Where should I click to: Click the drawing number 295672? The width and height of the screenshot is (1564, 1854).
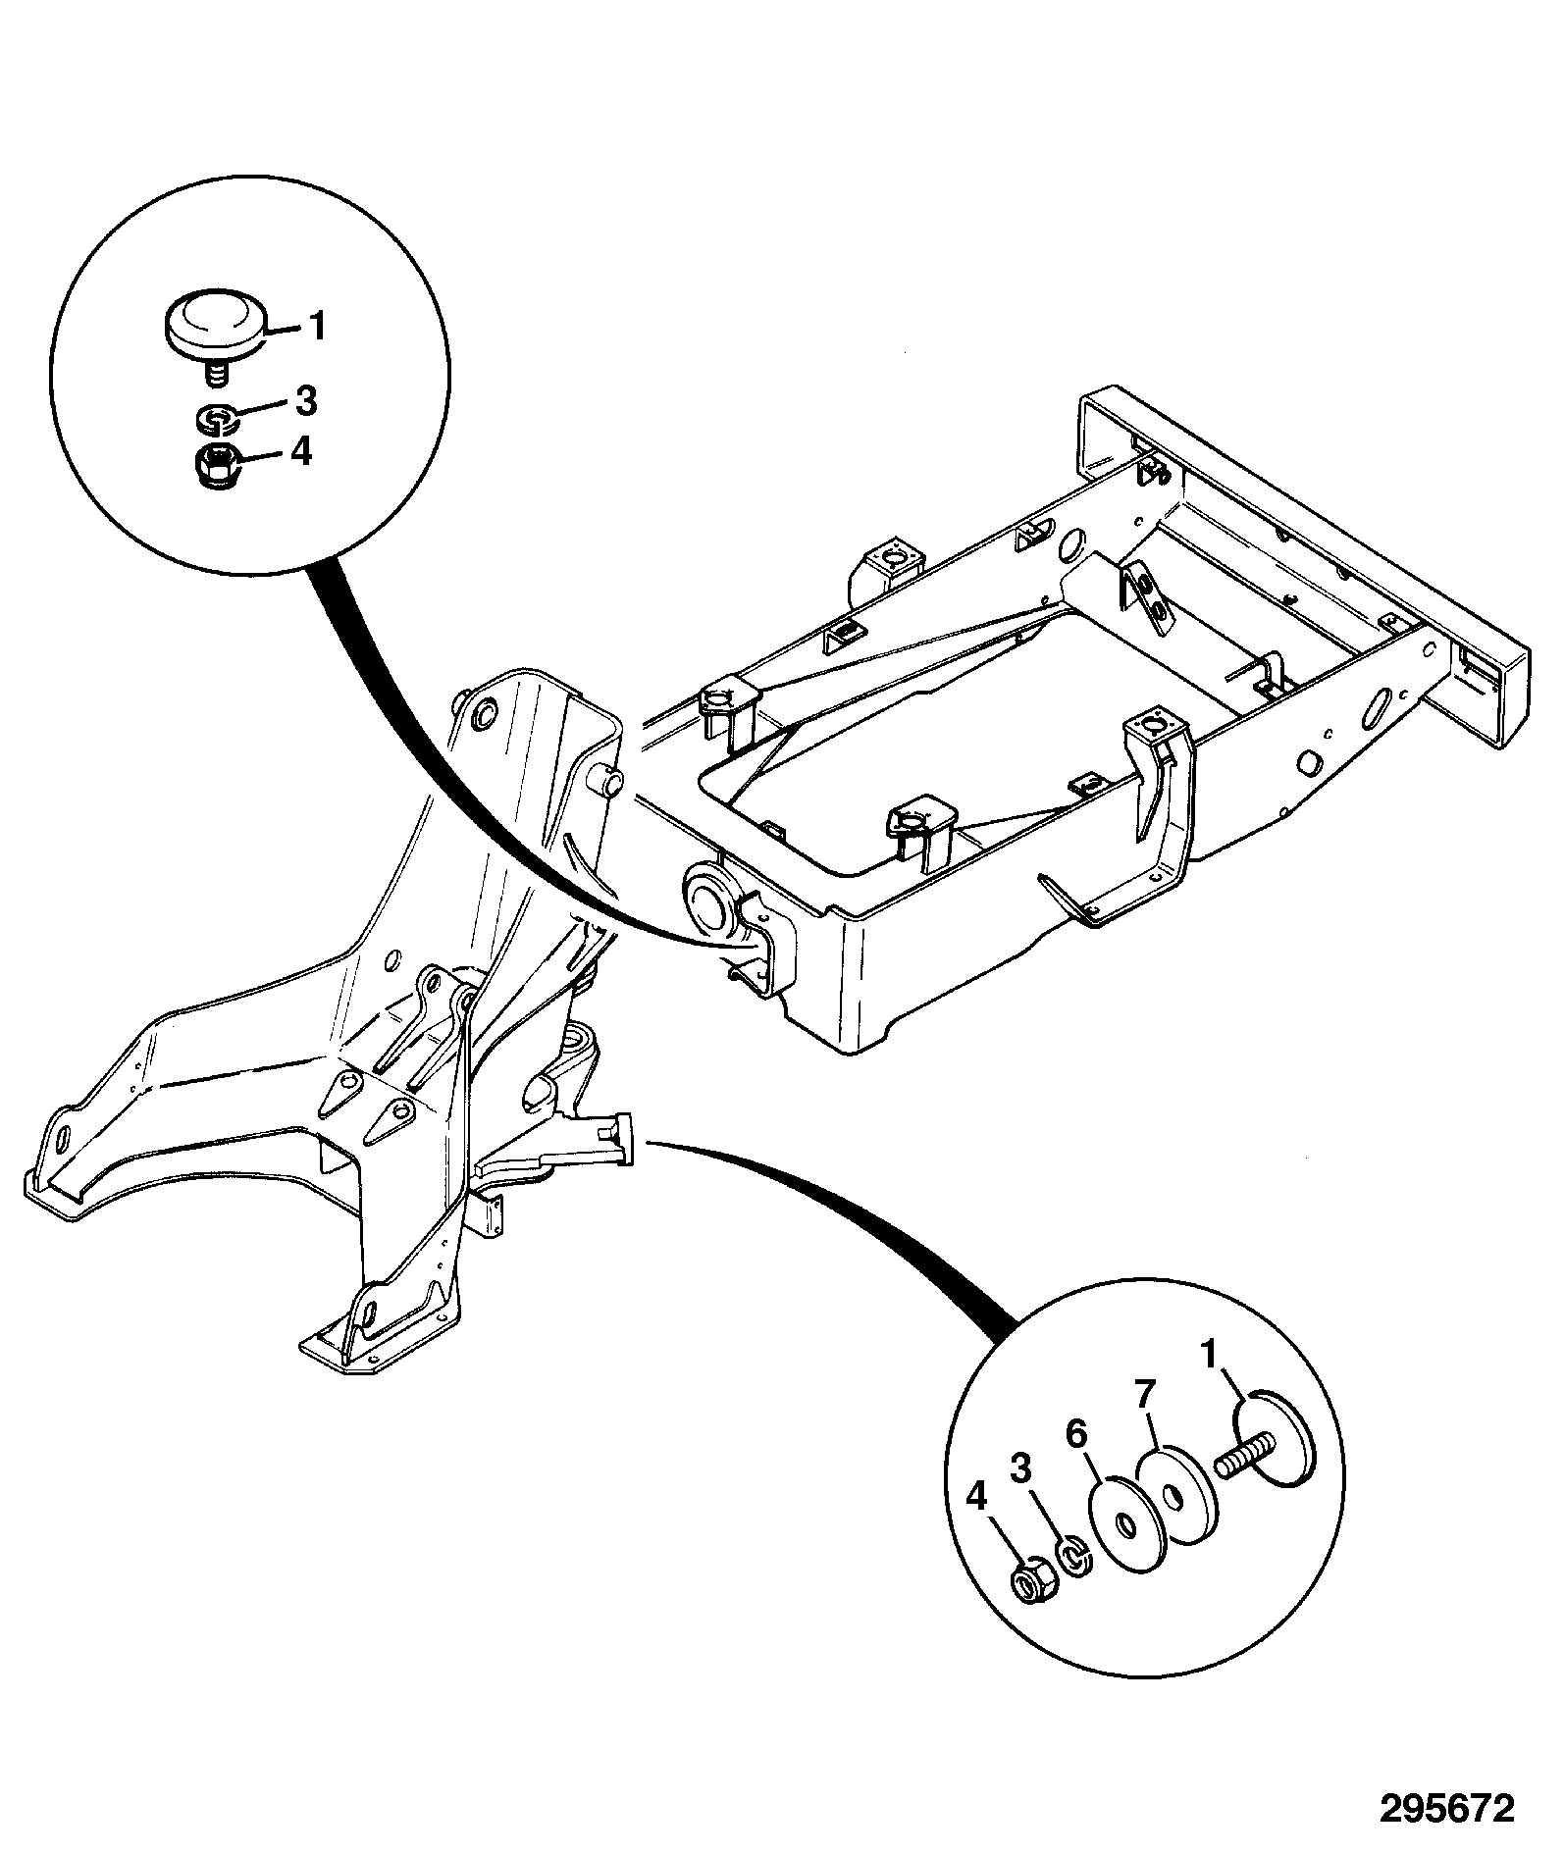pos(1449,1807)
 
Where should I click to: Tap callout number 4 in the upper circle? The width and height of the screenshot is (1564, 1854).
pos(300,451)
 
